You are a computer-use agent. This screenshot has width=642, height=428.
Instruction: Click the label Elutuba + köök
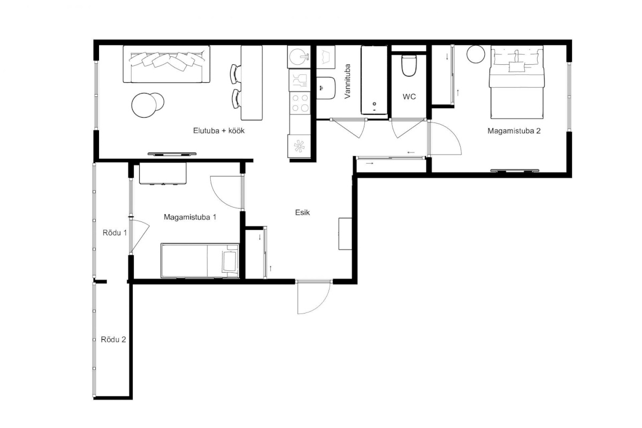click(x=219, y=131)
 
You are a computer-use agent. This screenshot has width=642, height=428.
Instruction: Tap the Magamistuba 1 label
click(x=190, y=217)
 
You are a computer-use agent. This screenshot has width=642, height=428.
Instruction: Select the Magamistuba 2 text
click(x=514, y=131)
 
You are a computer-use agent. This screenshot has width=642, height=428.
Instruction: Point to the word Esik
click(x=302, y=213)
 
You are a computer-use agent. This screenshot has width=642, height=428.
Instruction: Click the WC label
click(x=409, y=97)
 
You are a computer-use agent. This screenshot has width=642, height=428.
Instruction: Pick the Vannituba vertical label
click(x=347, y=81)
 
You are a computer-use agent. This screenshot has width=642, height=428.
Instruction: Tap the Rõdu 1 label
click(x=114, y=233)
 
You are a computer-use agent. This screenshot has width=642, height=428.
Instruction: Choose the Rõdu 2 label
click(x=113, y=340)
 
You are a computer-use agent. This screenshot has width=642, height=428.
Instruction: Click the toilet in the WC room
click(x=409, y=66)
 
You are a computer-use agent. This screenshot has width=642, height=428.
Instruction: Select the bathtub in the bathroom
click(x=374, y=80)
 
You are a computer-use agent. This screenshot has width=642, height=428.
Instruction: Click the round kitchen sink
click(x=299, y=57)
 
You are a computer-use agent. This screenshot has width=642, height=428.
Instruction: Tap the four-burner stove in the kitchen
click(x=300, y=103)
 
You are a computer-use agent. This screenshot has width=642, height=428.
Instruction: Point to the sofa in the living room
click(x=166, y=64)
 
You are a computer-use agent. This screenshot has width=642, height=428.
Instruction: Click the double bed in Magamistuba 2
click(x=517, y=82)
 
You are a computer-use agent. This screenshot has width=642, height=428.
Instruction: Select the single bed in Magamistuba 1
click(x=200, y=261)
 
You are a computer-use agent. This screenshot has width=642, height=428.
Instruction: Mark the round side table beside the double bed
click(x=476, y=54)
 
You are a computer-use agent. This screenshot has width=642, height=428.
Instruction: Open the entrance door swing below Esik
click(x=314, y=297)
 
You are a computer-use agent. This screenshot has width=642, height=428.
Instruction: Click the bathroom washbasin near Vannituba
click(x=326, y=88)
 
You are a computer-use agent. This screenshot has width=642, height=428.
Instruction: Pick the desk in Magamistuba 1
click(x=163, y=173)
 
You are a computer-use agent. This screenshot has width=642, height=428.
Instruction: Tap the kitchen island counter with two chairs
click(x=251, y=82)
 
